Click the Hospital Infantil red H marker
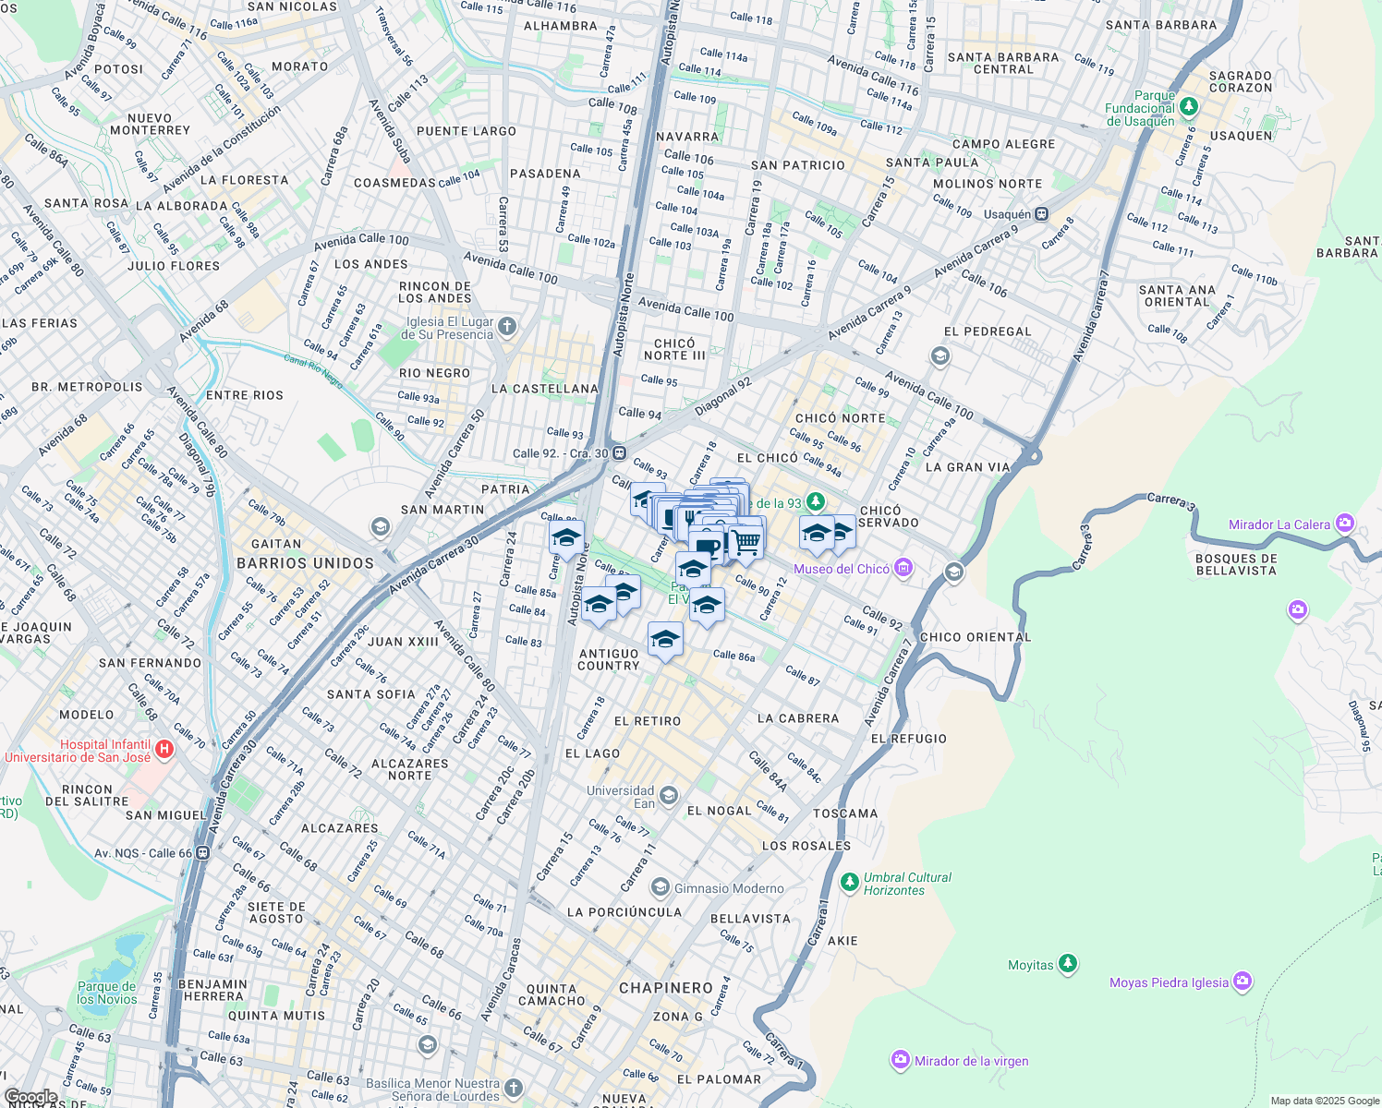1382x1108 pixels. (x=164, y=749)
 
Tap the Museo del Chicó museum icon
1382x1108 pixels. (x=903, y=568)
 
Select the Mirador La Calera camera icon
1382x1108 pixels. (x=1344, y=524)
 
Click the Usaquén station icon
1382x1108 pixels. (x=1041, y=214)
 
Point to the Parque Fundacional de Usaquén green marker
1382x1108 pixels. (x=1189, y=107)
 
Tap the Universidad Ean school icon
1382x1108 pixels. (x=669, y=796)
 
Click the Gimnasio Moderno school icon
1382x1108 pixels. (x=660, y=888)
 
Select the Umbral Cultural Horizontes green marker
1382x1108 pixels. (x=850, y=883)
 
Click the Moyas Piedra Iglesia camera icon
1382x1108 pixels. (x=1243, y=982)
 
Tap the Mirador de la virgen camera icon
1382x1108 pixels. (x=901, y=1060)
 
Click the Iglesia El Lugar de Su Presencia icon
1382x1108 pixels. (x=507, y=327)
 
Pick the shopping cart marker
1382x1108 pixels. (x=746, y=542)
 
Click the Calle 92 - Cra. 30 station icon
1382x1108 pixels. (x=619, y=453)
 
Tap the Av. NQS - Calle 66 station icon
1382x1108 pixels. (x=202, y=853)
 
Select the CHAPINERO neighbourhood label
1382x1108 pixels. (x=666, y=988)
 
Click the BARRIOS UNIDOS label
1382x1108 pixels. (x=305, y=563)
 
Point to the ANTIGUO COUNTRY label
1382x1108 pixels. (x=609, y=659)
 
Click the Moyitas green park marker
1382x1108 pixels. (x=1068, y=964)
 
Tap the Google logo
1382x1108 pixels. (x=30, y=1097)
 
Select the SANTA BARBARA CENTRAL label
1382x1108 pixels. (x=1003, y=63)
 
